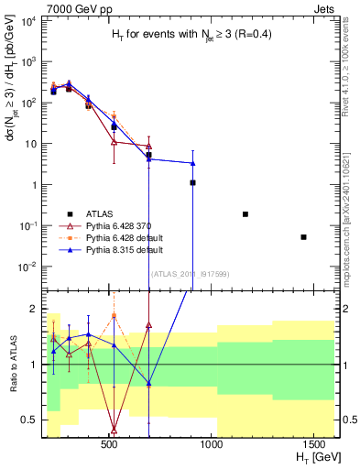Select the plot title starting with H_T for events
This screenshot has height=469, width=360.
coord(189,34)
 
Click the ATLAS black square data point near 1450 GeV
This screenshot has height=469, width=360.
coord(303,237)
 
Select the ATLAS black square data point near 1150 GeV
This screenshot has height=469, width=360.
coord(245,213)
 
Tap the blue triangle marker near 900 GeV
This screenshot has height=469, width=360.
coord(192,163)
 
